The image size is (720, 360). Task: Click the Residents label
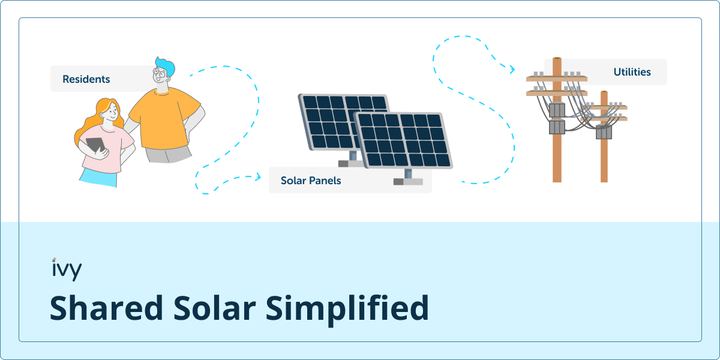click(x=86, y=79)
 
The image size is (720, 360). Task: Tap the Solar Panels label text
click(x=311, y=181)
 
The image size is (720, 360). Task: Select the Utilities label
click(x=632, y=72)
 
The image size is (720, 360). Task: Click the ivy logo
click(x=67, y=269)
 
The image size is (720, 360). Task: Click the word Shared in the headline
click(x=106, y=308)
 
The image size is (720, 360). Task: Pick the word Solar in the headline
click(x=215, y=308)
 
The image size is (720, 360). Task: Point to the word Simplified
click(x=347, y=309)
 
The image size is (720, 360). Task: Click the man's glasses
click(x=160, y=73)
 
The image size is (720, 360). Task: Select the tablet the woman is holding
click(x=95, y=145)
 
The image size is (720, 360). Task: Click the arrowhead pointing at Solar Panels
click(x=258, y=177)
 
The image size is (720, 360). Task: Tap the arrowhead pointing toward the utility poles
click(x=512, y=69)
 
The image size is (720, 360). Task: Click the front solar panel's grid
click(x=404, y=140)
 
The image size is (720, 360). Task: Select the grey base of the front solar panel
click(x=408, y=182)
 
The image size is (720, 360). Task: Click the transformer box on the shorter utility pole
click(x=604, y=132)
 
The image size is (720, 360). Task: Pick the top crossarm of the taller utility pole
click(x=557, y=78)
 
